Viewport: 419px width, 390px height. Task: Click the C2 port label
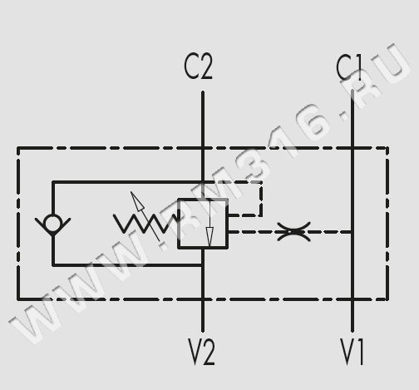pos(199,67)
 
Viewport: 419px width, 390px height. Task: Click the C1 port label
pos(349,67)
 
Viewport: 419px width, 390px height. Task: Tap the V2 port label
pos(201,352)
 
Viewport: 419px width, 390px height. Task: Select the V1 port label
pos(352,352)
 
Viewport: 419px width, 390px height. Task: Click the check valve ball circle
pos(53,224)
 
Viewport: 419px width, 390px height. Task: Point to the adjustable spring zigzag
pos(145,223)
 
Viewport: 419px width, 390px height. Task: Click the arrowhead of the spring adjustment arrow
pos(137,201)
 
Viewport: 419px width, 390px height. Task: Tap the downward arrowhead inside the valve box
pos(209,236)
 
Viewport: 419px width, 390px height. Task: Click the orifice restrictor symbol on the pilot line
pos(293,231)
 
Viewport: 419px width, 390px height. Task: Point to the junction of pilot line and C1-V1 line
pos(352,232)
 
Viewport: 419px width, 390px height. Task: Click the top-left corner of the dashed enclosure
pos(18,148)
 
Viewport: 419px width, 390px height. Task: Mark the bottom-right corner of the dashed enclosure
pos(387,299)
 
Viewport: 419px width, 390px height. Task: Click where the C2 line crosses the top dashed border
pos(203,148)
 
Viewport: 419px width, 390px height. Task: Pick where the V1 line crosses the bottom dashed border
pos(352,299)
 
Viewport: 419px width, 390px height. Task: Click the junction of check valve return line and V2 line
pos(203,265)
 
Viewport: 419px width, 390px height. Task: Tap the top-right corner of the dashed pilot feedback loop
pos(261,182)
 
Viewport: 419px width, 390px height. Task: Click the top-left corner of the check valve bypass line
pos(53,182)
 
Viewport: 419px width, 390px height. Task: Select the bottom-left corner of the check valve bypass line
pos(53,265)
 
